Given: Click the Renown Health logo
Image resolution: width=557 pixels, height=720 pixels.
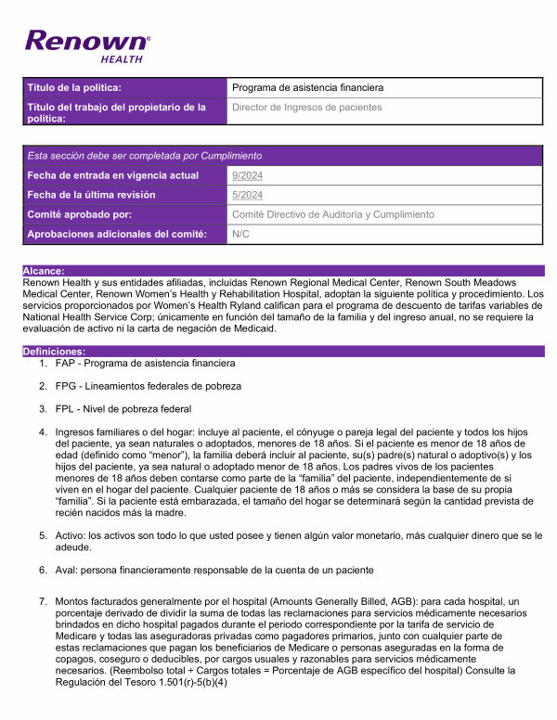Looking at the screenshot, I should point(86,45).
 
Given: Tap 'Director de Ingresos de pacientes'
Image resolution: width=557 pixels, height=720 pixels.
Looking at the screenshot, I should point(306,108).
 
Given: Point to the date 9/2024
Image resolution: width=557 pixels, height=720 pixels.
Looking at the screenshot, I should point(247,175).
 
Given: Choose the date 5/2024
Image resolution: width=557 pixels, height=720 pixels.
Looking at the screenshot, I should point(247,195).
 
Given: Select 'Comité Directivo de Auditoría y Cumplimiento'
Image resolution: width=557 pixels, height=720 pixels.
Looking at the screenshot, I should point(332,214).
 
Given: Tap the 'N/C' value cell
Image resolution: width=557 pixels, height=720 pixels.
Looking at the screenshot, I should point(240,234).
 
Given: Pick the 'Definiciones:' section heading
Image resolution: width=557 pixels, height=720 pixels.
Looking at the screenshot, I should point(54,352).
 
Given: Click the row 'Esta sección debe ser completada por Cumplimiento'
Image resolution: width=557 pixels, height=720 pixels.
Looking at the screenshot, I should point(145,156).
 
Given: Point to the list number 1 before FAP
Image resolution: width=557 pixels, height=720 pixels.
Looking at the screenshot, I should point(43,363).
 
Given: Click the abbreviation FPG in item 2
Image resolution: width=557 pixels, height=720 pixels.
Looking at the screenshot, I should point(67,385).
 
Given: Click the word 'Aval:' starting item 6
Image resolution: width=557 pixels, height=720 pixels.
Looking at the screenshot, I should point(68,569).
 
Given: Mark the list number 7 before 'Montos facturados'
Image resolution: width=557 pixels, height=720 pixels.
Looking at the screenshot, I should point(43,602).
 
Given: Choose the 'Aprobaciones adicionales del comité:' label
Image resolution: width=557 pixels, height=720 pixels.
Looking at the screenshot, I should point(117,234).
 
